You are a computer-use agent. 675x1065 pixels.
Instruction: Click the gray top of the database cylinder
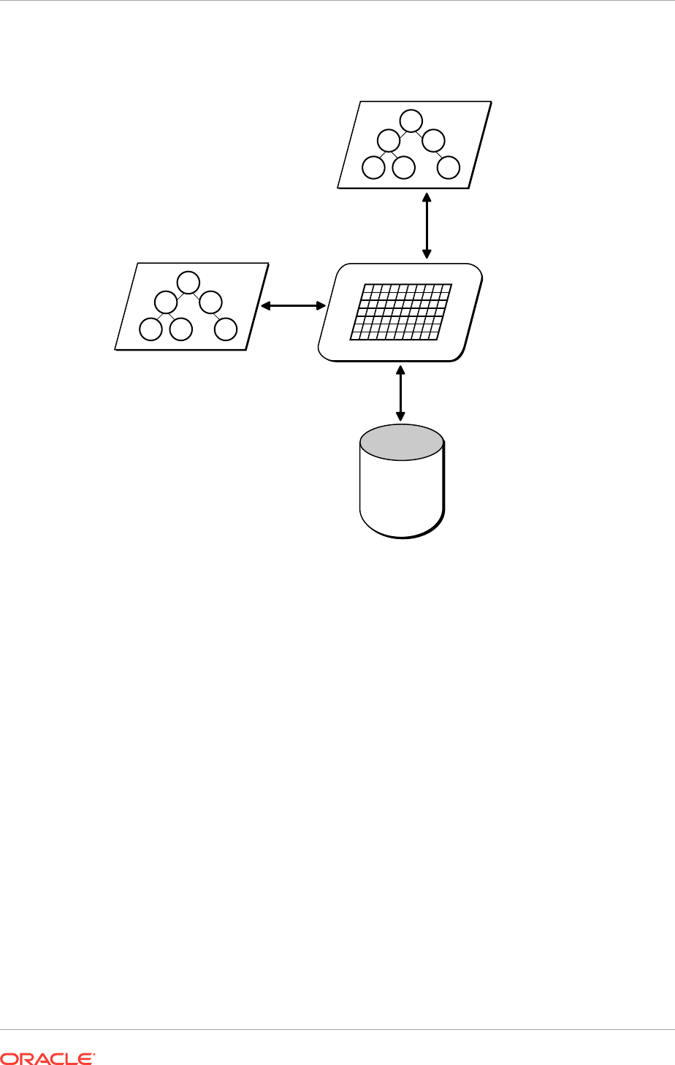[x=402, y=443]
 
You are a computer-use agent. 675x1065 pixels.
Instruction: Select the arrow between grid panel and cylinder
[x=400, y=394]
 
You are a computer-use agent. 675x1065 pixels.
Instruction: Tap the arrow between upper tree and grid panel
[x=427, y=226]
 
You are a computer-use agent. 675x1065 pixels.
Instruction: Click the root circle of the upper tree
[x=412, y=120]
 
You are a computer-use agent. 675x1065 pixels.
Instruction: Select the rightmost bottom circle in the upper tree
[x=449, y=168]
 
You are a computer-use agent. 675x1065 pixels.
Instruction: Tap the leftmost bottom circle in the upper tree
[x=374, y=168]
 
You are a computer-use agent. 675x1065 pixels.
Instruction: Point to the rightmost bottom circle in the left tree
[x=226, y=329]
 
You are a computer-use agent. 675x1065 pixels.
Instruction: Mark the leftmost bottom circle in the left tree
[x=151, y=330]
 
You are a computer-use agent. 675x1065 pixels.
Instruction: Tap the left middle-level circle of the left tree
[x=166, y=302]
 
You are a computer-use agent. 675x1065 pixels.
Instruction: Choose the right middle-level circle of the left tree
[x=211, y=302]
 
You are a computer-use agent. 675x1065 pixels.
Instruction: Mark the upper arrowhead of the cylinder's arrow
[x=400, y=369]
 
